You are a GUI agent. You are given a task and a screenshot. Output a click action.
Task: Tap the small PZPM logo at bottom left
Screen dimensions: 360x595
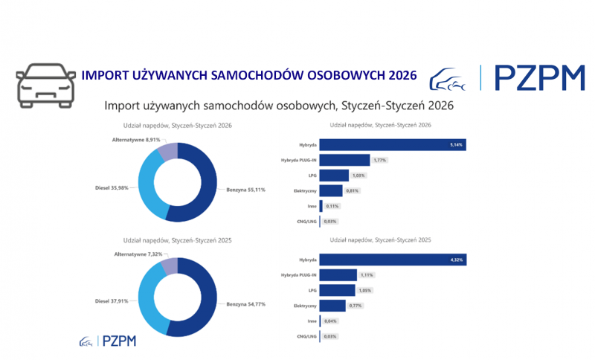point(108,341)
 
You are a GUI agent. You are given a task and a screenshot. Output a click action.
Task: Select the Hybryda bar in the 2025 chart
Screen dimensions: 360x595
point(393,260)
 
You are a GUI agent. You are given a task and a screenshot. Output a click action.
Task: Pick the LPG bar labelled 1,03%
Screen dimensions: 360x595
point(334,176)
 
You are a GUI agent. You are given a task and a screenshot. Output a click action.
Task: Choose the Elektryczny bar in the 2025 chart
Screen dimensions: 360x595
point(332,305)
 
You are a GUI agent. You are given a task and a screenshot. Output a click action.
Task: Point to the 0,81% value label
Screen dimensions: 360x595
point(355,191)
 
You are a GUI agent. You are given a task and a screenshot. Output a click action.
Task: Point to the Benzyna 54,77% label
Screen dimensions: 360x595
point(245,304)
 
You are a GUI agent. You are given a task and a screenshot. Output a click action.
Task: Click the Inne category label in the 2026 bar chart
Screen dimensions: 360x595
point(312,206)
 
